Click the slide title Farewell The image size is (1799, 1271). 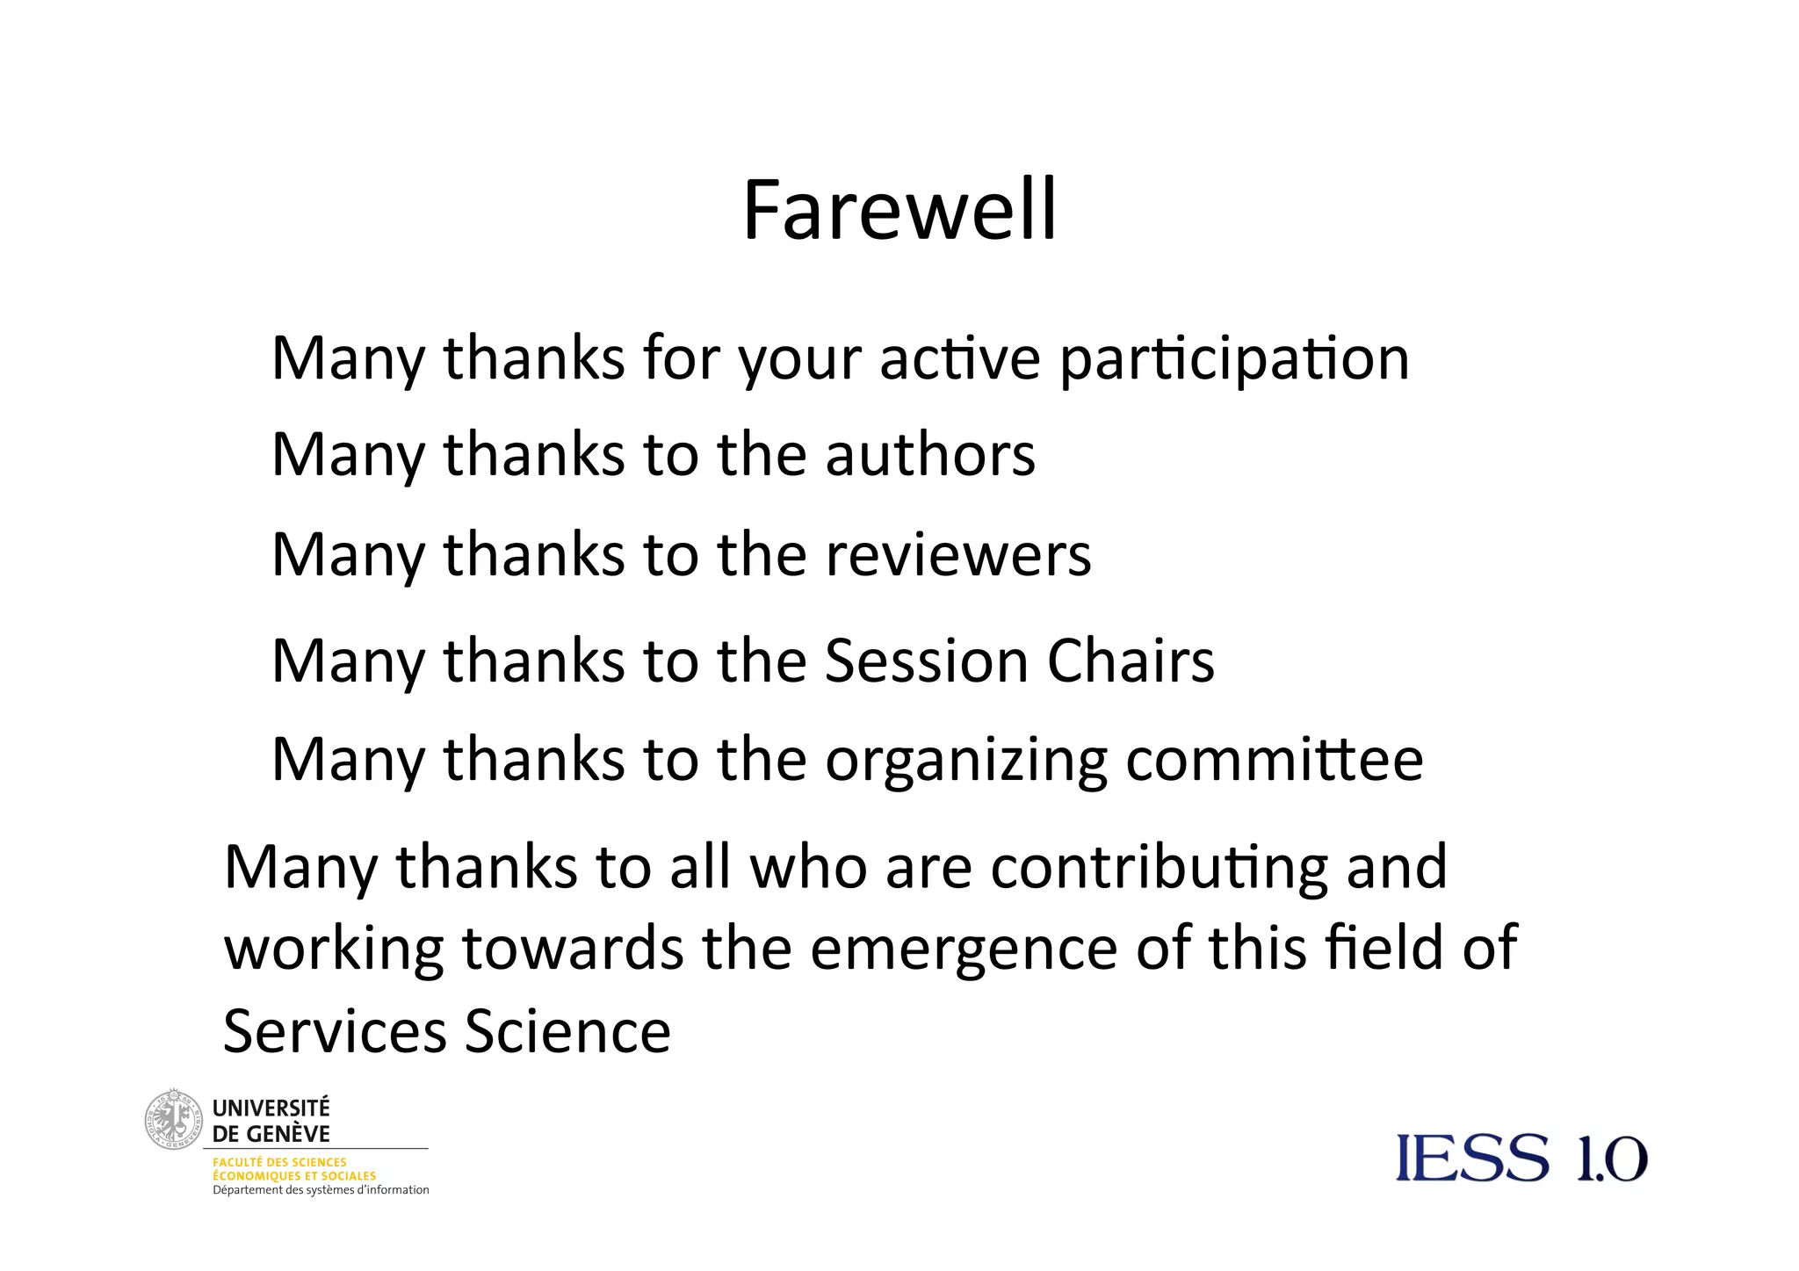(x=899, y=211)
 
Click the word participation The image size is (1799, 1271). (x=1234, y=360)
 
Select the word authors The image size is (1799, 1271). (x=930, y=455)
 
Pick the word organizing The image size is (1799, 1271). (x=966, y=761)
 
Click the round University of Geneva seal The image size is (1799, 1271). (x=173, y=1120)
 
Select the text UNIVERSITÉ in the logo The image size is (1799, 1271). (x=271, y=1108)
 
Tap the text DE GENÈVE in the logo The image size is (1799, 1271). (x=271, y=1134)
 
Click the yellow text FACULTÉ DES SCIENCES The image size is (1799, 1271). (x=279, y=1162)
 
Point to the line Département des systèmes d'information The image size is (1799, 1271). (x=321, y=1190)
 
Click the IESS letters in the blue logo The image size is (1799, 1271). (x=1472, y=1158)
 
